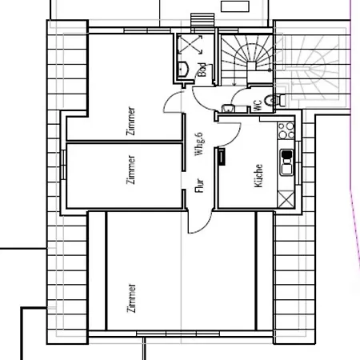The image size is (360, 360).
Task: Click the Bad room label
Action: [x=202, y=70]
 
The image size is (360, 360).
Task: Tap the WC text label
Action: [x=258, y=106]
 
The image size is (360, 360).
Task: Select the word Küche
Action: [x=258, y=176]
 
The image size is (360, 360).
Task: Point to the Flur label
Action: [x=199, y=186]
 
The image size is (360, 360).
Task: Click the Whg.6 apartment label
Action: [x=199, y=144]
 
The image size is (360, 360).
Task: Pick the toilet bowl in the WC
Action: [x=272, y=100]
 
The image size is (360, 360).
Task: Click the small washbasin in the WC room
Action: [x=228, y=108]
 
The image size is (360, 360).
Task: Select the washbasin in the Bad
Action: [x=183, y=69]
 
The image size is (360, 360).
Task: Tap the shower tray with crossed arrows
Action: [x=190, y=44]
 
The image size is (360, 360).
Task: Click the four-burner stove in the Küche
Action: [x=286, y=130]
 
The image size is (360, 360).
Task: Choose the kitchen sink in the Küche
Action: [x=286, y=162]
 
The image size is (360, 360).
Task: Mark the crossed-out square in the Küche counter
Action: [x=286, y=198]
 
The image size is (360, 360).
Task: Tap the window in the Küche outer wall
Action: [x=298, y=162]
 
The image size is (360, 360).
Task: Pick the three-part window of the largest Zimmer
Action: [x=178, y=334]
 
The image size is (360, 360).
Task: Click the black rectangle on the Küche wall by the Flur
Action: [x=222, y=157]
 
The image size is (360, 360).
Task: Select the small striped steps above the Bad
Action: [x=202, y=20]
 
